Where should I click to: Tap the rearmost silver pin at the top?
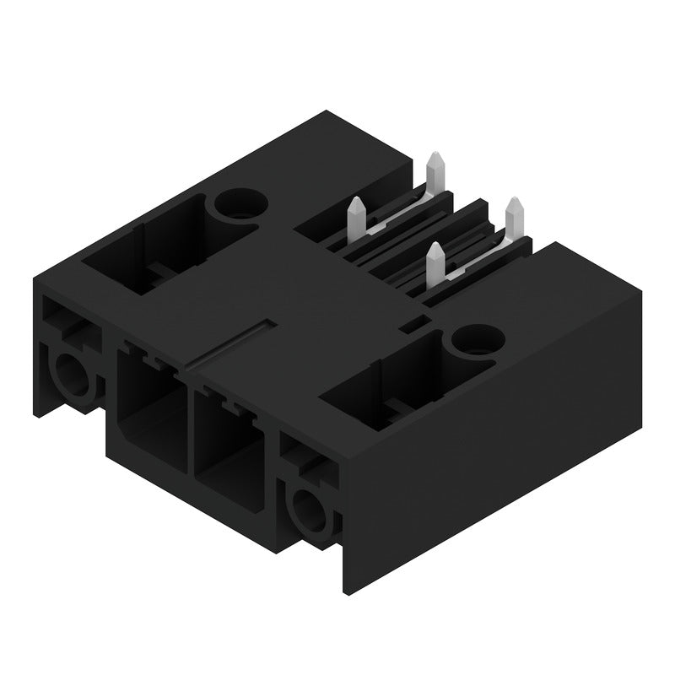tap(435, 172)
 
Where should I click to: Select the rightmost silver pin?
tap(513, 219)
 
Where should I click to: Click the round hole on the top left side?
tap(240, 203)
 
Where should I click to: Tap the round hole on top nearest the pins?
tap(472, 340)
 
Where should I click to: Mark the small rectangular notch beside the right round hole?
tap(413, 323)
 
